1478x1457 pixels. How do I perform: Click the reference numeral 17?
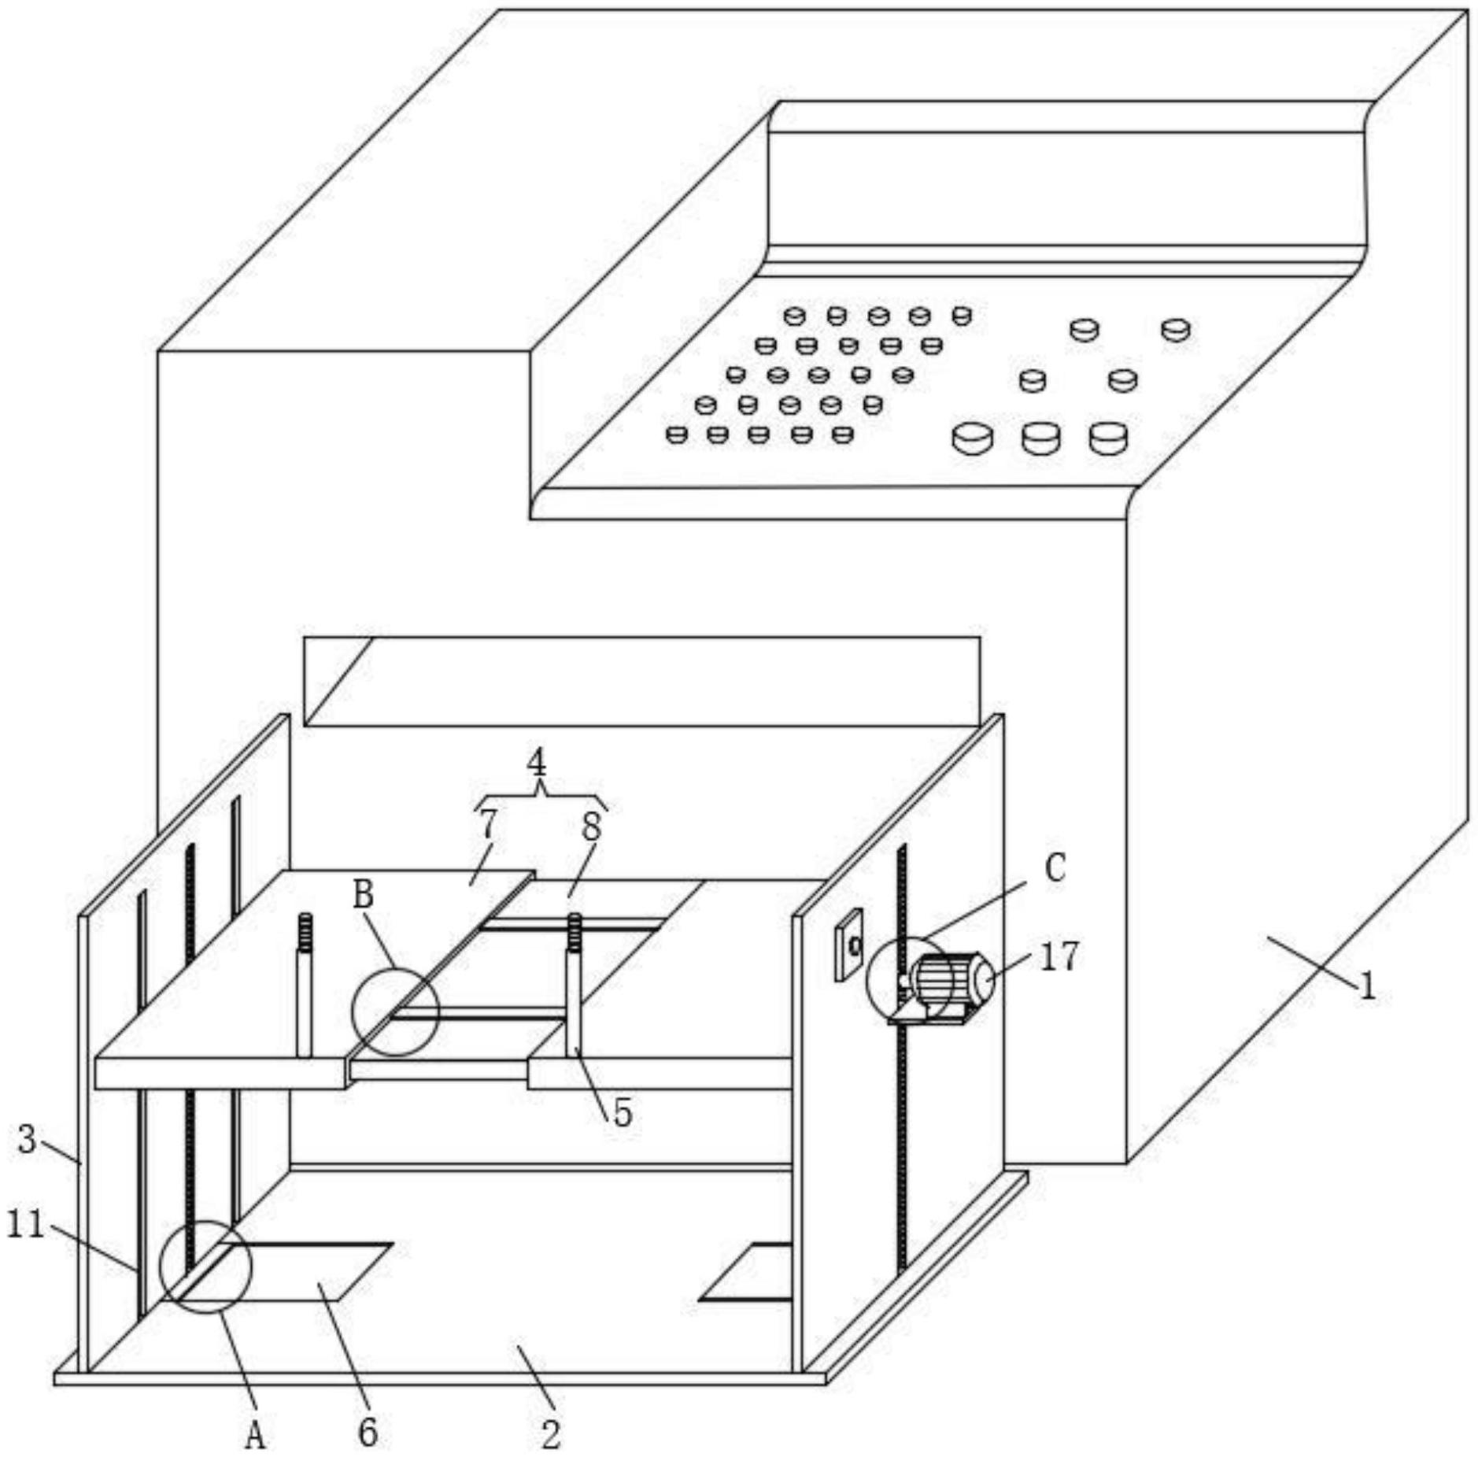(1059, 956)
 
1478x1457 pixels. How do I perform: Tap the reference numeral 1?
(1368, 986)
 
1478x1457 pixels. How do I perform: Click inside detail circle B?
(395, 1011)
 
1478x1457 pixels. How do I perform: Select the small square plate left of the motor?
(848, 945)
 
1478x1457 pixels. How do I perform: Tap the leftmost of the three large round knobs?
(973, 438)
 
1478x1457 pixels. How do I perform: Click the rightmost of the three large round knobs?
(1109, 438)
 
